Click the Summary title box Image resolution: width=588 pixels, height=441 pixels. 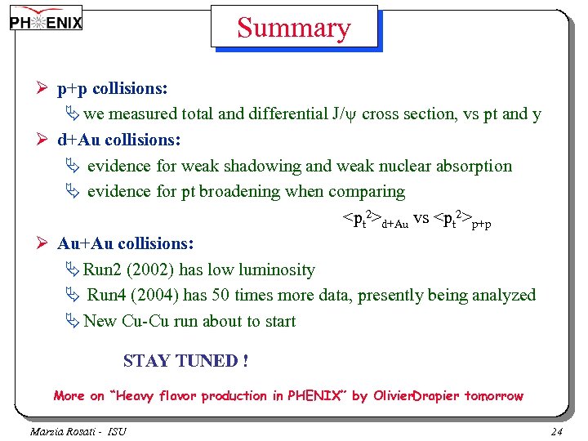pos(294,28)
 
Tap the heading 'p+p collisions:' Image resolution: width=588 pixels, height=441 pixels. pos(113,88)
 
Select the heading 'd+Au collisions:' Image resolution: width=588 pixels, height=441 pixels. pos(119,140)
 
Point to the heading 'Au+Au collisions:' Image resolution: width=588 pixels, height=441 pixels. pos(126,243)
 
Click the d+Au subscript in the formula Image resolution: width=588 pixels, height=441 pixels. pos(394,224)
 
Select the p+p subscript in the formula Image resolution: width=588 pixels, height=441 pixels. pos(482,224)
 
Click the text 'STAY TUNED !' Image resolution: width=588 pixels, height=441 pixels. pos(185,360)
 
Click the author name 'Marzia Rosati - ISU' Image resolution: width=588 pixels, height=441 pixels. pos(78,431)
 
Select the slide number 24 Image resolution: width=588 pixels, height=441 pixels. pos(557,431)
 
